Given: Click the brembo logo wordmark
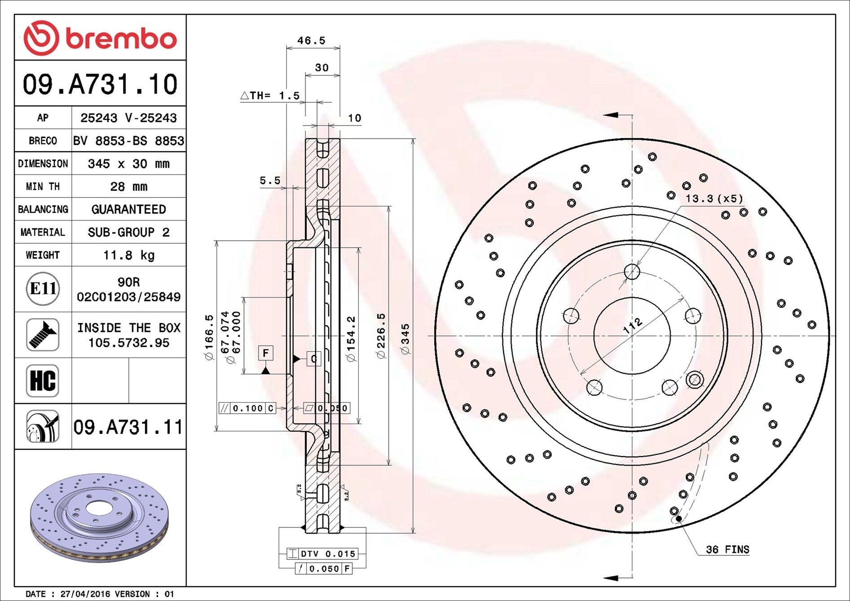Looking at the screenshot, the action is pos(121,39).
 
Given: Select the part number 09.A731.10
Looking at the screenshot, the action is pos(100,84).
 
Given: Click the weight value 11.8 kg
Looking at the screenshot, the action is pos(129,255).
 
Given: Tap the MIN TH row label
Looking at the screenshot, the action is pos(43,186).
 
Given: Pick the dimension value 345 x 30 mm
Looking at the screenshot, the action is pos(129,163).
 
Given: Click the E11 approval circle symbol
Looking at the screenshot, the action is pos(43,289).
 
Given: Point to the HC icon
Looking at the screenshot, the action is pos(43,381).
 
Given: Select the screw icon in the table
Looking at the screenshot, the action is pos(43,335).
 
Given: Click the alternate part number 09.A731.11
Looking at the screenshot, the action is pos(128,427).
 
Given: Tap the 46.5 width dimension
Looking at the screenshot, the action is pos(311,40).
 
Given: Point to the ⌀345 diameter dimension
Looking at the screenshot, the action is pos(405,339).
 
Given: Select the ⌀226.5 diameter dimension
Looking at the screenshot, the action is pos(381,336).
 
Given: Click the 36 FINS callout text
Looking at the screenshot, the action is pos(727,549).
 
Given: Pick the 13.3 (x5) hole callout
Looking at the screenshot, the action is pos(714,198).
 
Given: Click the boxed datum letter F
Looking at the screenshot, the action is pos(266,353).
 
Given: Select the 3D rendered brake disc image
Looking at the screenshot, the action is pos(100,517).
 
